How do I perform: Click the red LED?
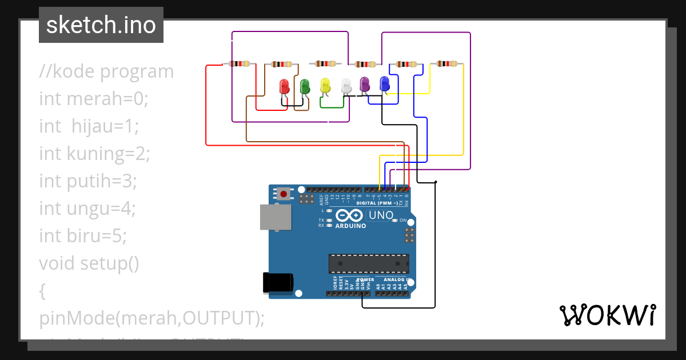[x=284, y=86]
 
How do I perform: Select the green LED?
[x=305, y=86]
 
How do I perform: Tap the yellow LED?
[x=325, y=86]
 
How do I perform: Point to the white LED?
[x=346, y=86]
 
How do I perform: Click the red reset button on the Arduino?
[x=284, y=194]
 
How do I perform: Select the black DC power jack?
[x=278, y=282]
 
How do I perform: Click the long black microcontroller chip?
[x=369, y=263]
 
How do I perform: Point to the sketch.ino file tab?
[x=101, y=25]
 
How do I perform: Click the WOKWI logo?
[x=607, y=315]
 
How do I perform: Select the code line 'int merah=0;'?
[x=94, y=99]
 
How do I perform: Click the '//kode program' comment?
[x=106, y=71]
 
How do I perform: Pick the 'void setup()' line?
[x=89, y=263]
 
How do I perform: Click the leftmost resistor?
[x=239, y=63]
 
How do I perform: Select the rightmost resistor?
[x=446, y=64]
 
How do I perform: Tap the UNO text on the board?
[x=381, y=215]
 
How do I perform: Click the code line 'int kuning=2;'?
[x=94, y=154]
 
